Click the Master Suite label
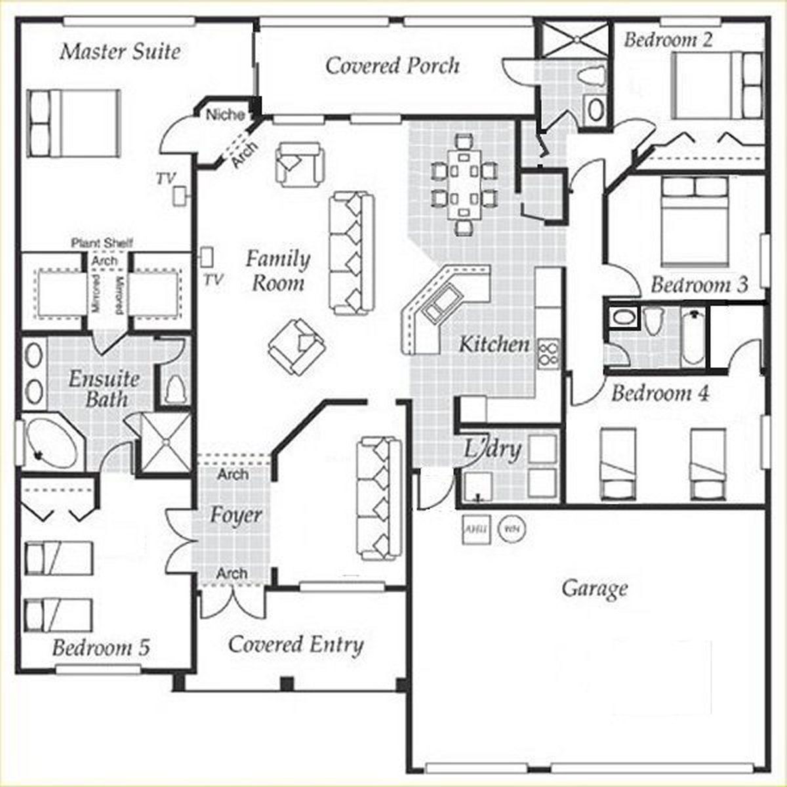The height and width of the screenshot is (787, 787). [x=120, y=52]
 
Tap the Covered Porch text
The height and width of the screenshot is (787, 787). [x=392, y=66]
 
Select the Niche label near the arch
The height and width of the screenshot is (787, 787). [x=225, y=115]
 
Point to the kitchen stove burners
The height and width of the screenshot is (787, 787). [x=548, y=353]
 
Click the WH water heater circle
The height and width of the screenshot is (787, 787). [x=510, y=529]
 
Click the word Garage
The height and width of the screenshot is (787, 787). [x=594, y=588]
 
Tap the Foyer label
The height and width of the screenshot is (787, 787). [x=235, y=515]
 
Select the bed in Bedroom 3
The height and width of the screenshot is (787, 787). [x=694, y=220]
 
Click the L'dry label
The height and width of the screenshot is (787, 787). [x=493, y=449]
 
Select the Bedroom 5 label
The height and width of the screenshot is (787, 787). [x=101, y=648]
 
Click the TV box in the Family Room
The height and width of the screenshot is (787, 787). [x=208, y=255]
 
